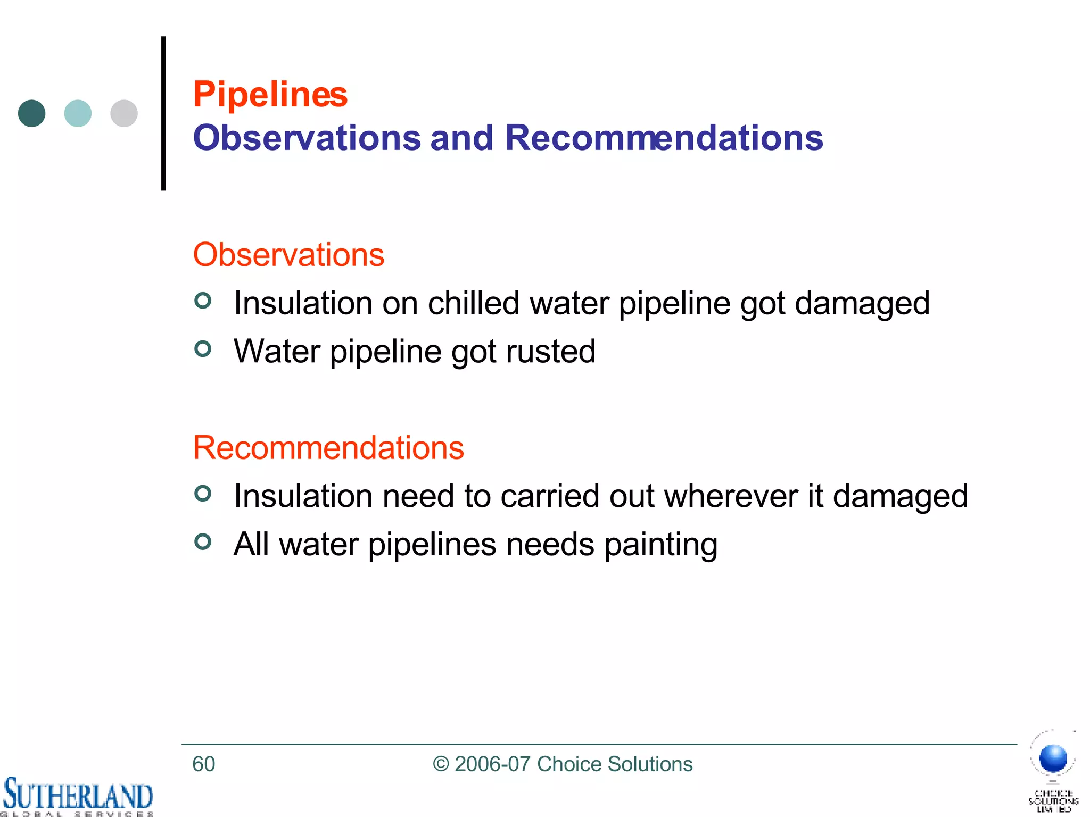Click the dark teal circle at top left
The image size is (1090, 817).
pos(32,113)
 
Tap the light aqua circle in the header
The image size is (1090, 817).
pos(78,113)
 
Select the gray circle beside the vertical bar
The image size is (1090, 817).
pos(124,113)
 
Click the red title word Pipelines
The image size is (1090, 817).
pos(270,95)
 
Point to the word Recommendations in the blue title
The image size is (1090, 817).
pos(663,138)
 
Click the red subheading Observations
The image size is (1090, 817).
pos(288,255)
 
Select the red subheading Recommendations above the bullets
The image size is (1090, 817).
pos(328,447)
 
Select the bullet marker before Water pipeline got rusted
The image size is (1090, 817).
pos(203,349)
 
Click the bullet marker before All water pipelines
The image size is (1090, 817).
pos(203,541)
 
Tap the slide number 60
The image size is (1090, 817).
pos(203,764)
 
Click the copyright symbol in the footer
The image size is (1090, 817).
pos(441,764)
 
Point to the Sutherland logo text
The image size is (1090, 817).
pos(78,796)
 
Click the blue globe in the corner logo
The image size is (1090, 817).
pos(1053,758)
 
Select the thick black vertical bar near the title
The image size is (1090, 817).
pos(163,113)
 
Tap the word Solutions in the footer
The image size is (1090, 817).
pos(650,764)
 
